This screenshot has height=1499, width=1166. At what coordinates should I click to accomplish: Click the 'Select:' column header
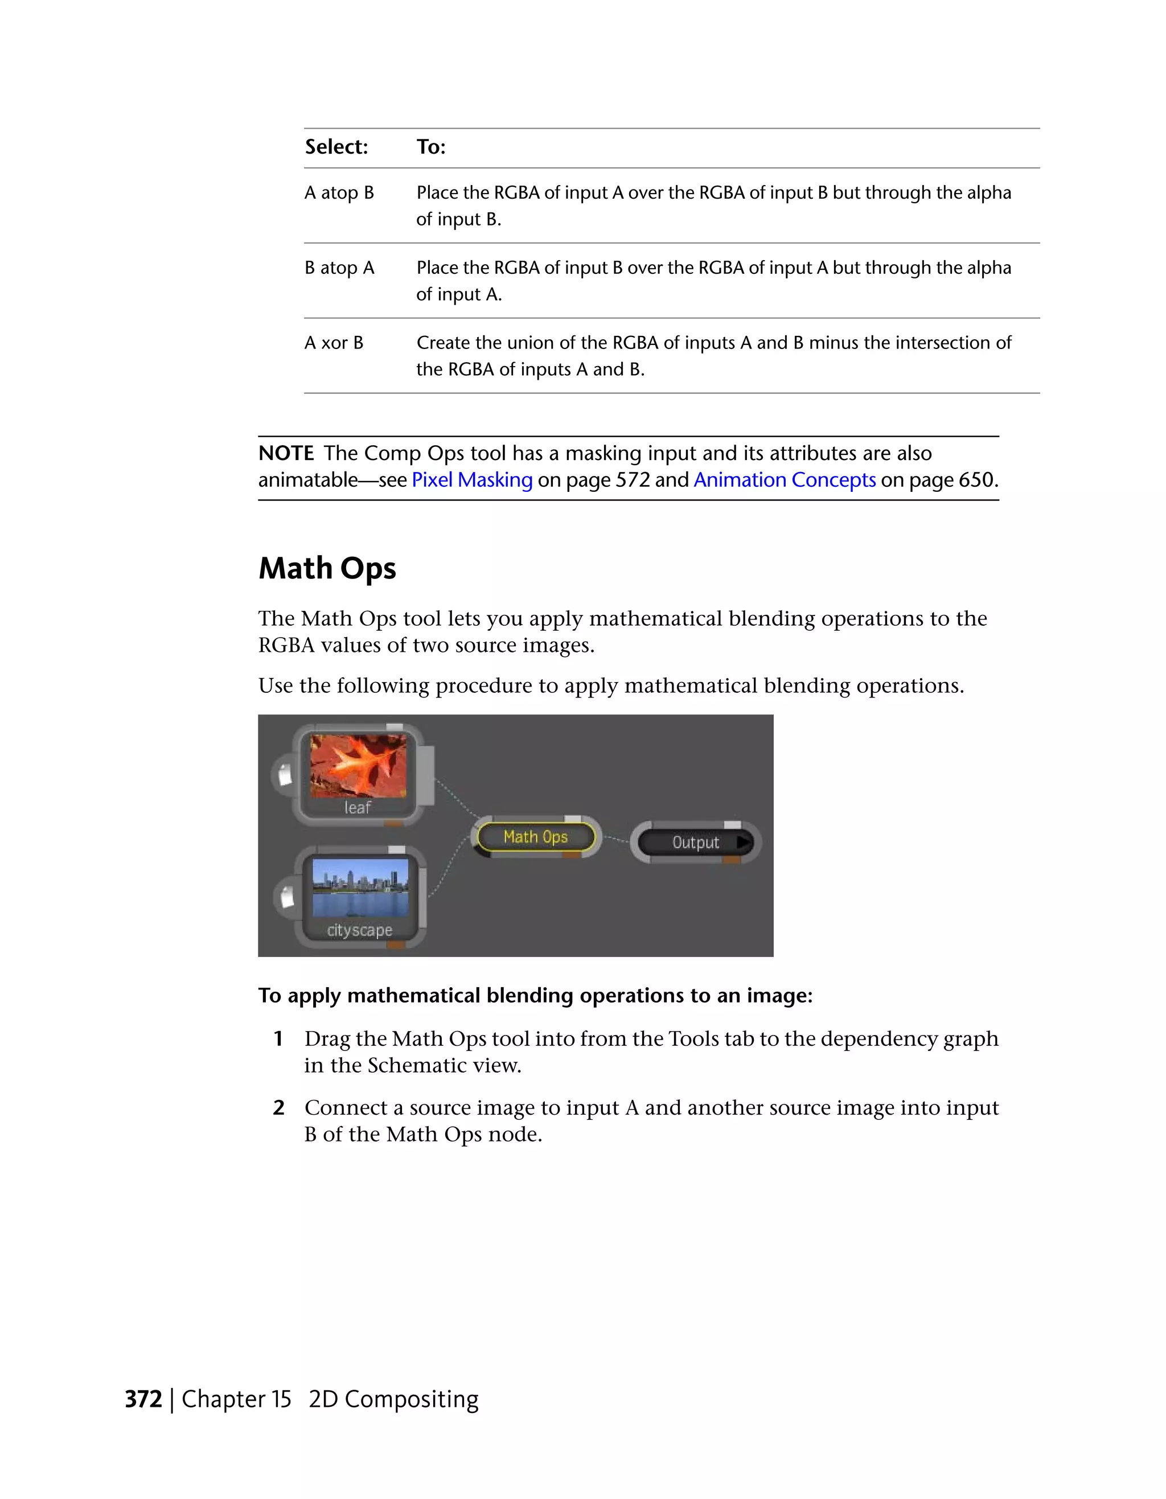click(336, 147)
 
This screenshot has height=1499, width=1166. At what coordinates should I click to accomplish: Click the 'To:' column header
click(431, 147)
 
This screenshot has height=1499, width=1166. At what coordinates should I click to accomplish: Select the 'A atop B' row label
click(339, 193)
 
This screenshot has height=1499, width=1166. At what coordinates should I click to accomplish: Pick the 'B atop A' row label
click(339, 268)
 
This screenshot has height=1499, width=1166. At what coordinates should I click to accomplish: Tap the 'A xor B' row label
click(334, 343)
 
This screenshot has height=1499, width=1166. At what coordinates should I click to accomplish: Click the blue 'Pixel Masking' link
click(472, 480)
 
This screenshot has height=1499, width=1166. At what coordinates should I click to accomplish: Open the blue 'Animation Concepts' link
click(785, 480)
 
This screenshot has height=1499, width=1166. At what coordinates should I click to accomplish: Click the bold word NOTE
click(285, 454)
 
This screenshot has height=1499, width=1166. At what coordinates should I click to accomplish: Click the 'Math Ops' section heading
click(327, 568)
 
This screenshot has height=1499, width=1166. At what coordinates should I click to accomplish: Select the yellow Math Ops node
click(535, 837)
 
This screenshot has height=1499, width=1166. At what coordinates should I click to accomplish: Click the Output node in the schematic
click(695, 842)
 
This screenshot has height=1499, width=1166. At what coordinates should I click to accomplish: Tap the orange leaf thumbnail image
click(358, 765)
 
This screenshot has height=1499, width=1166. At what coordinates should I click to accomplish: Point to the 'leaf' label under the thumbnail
click(357, 808)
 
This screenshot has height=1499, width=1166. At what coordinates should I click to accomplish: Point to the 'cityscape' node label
click(360, 930)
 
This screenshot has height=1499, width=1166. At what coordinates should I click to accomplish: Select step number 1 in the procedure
click(278, 1039)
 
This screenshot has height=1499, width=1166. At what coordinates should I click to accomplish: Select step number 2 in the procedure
click(278, 1108)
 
